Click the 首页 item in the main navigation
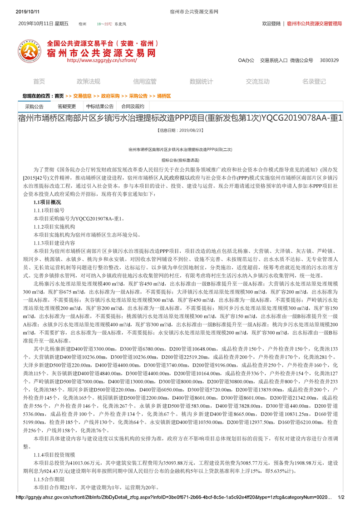pos(39,82)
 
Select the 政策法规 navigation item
pos(88,82)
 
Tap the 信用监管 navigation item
pos(144,82)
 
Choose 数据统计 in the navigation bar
pos(201,82)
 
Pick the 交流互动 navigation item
pos(257,82)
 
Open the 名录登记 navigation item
pos(314,82)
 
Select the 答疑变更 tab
pos(67,107)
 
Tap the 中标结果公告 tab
pos(101,107)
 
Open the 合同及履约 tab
pos(133,107)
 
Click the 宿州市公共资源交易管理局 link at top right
pos(314,24)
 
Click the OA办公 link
pos(246,60)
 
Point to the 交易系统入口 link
pos(273,60)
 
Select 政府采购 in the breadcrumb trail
pos(110,96)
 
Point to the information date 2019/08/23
pos(180,130)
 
